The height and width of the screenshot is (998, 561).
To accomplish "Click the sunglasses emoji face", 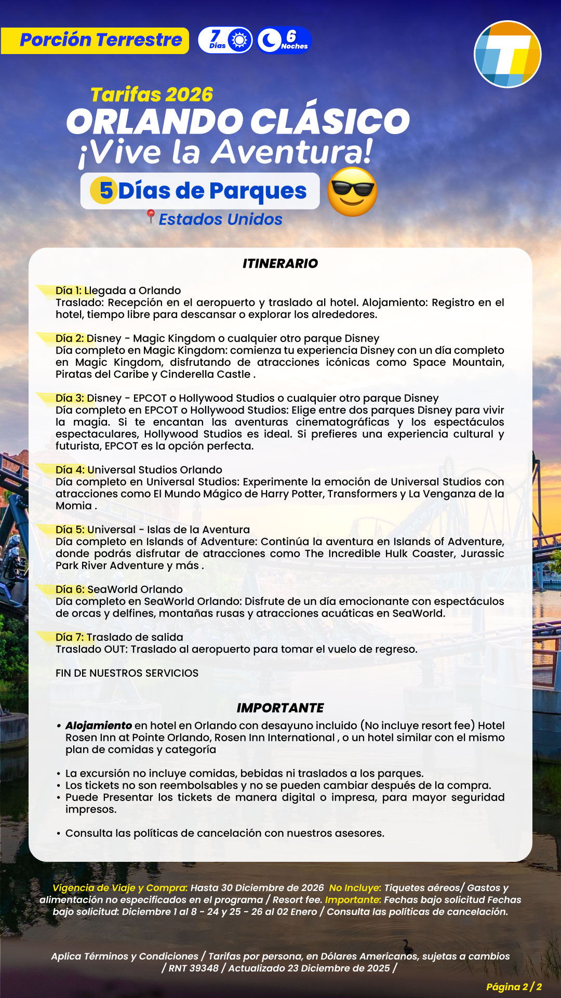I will pyautogui.click(x=352, y=192).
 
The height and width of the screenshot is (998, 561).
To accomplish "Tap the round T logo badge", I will pyautogui.click(x=507, y=54).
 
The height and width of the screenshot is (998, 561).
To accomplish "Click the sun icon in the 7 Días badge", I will pyautogui.click(x=239, y=41).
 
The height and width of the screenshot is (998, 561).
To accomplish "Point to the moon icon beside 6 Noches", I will pyautogui.click(x=269, y=41).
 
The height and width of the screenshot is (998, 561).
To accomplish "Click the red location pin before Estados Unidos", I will pyautogui.click(x=151, y=216).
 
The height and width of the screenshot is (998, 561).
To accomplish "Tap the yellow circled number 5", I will pyautogui.click(x=103, y=190).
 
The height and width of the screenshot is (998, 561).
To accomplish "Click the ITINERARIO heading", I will pyautogui.click(x=280, y=264).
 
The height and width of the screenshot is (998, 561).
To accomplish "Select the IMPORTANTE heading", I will pyautogui.click(x=280, y=708).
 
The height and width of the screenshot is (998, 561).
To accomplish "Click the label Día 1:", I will pyautogui.click(x=69, y=291).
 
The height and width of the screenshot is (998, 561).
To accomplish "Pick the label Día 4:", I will pyautogui.click(x=70, y=470).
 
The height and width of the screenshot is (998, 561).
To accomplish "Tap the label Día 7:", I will pyautogui.click(x=70, y=637).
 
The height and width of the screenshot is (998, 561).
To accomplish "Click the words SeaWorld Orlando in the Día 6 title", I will pyautogui.click(x=135, y=589).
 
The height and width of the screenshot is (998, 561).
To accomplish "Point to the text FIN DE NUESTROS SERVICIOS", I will pyautogui.click(x=127, y=673).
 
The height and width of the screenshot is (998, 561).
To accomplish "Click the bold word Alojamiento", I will pyautogui.click(x=99, y=726).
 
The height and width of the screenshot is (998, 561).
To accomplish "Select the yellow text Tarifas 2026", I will pyautogui.click(x=152, y=95).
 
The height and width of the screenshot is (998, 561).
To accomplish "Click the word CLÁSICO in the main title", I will pyautogui.click(x=330, y=122).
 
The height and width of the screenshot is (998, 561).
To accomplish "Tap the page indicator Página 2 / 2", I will pyautogui.click(x=514, y=987).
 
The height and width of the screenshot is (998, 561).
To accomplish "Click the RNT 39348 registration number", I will pyautogui.click(x=193, y=968).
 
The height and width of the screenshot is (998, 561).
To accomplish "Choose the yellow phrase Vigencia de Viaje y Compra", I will pyautogui.click(x=119, y=888).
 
